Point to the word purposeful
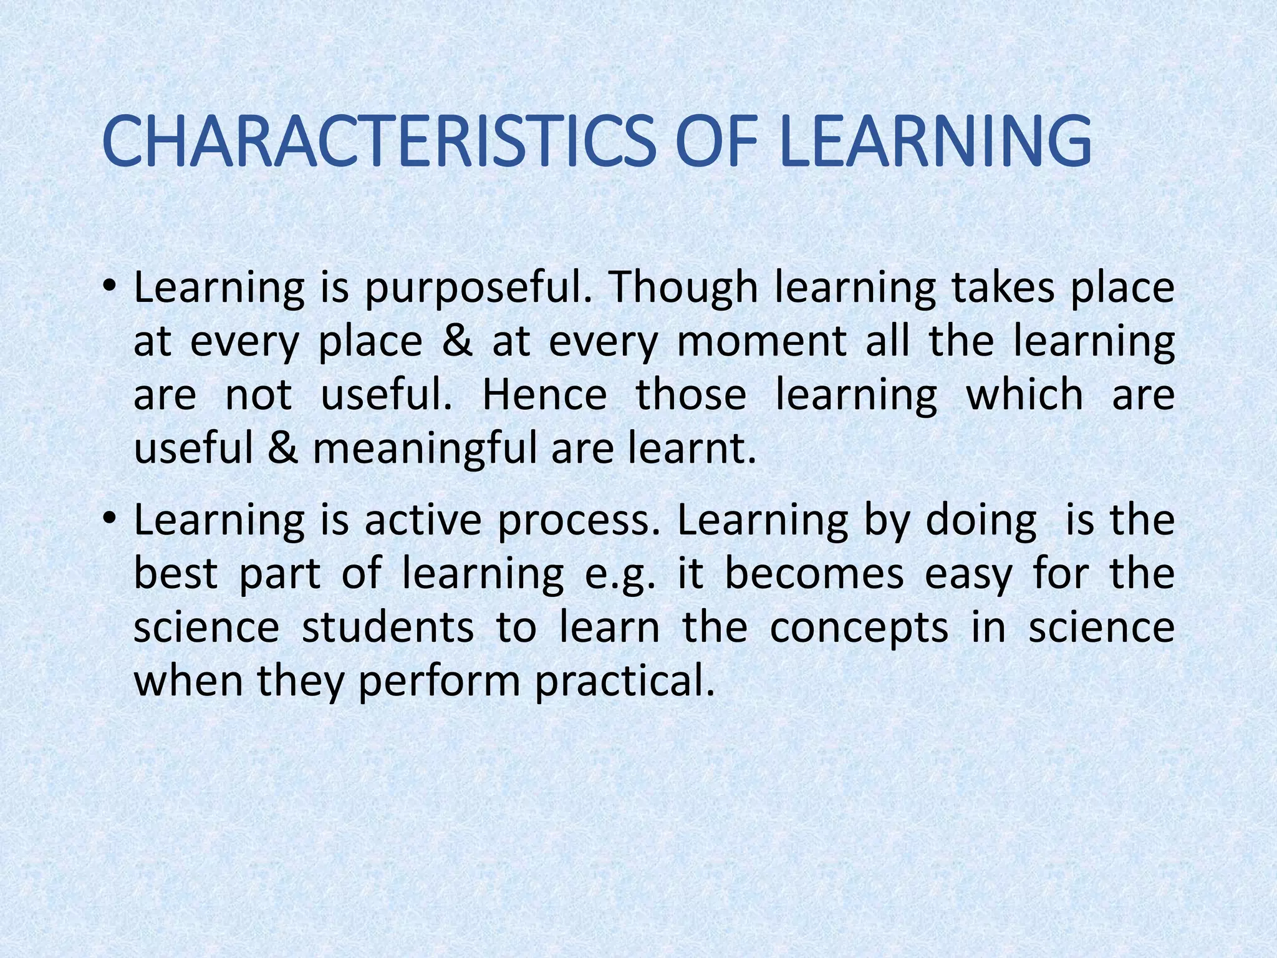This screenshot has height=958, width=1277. point(478,289)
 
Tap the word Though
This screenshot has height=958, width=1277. point(682,289)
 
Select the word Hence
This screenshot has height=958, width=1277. point(544,395)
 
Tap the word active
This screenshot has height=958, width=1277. point(423,520)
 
